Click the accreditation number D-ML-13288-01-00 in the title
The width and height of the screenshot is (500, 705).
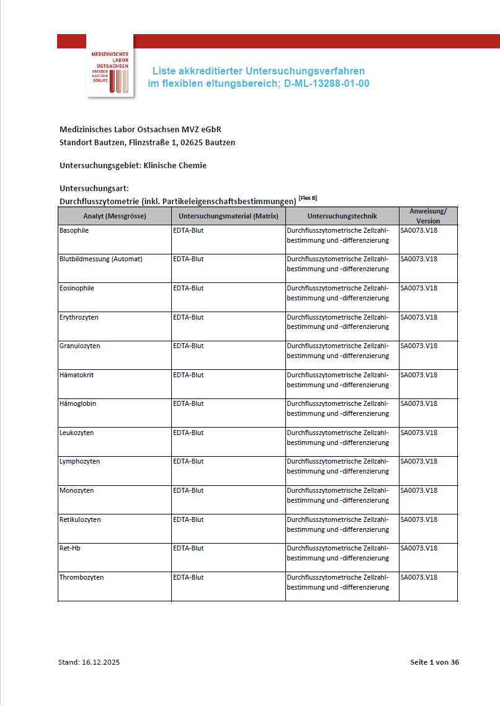click(x=327, y=83)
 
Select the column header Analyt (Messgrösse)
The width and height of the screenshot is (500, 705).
click(x=115, y=216)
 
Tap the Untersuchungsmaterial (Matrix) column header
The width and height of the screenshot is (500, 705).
click(x=228, y=216)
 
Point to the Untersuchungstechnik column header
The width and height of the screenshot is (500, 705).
click(x=342, y=216)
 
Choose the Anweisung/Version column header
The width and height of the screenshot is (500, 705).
click(x=428, y=216)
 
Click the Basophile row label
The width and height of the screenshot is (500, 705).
click(x=74, y=230)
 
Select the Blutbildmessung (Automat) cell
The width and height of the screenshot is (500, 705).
click(x=100, y=259)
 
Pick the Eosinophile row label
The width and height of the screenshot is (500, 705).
click(x=77, y=288)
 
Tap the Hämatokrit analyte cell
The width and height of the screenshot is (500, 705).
click(x=76, y=375)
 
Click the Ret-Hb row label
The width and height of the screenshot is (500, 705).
click(x=70, y=548)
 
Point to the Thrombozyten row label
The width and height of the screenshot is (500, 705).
click(x=81, y=577)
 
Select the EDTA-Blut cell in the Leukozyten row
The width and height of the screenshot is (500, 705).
click(x=188, y=433)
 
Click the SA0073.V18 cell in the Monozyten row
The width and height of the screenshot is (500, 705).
click(x=419, y=490)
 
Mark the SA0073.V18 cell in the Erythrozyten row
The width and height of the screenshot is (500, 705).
click(x=419, y=317)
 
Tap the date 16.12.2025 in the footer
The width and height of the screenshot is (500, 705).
click(x=100, y=662)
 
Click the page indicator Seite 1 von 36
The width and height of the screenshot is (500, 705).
click(x=434, y=662)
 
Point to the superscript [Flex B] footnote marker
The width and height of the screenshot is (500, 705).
click(x=308, y=198)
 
